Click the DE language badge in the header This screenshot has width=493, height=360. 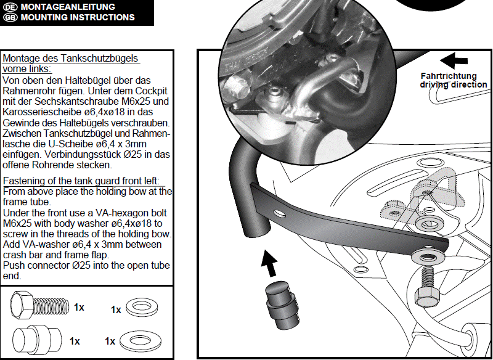click(x=10, y=7)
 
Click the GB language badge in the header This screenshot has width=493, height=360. click(x=10, y=17)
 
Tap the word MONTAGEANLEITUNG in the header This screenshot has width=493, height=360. click(x=68, y=7)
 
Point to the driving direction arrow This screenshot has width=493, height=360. click(x=454, y=60)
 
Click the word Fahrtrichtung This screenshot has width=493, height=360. click(x=449, y=76)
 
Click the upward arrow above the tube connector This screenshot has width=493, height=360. click(x=269, y=263)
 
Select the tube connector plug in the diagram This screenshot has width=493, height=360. click(x=282, y=305)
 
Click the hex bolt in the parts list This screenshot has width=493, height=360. click(x=39, y=305)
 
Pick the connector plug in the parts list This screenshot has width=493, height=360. click(x=37, y=341)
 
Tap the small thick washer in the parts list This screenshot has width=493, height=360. click(x=142, y=307)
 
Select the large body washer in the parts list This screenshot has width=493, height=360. click(x=141, y=340)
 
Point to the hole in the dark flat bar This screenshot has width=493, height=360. click(x=279, y=214)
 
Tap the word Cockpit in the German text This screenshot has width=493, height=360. click(x=156, y=91)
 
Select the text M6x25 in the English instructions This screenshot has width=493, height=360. click(x=17, y=224)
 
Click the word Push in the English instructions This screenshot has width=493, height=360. click(x=13, y=265)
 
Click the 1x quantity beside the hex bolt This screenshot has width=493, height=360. click(x=79, y=307)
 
